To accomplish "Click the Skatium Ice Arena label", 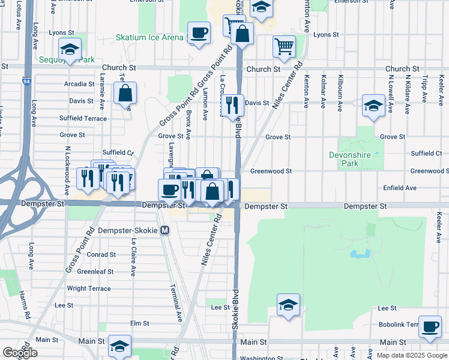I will point(149,38).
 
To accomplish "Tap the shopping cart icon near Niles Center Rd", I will point(284,46).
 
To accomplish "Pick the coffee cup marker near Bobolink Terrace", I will point(430,326).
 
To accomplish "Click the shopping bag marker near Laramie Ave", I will point(125,93).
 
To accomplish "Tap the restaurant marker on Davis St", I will point(232,105).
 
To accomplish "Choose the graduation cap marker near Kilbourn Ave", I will point(373,106).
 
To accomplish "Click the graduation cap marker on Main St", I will point(120,346).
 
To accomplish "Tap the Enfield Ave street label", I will point(399,188).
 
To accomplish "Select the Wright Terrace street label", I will point(89,289).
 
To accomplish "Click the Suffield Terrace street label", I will point(83,118).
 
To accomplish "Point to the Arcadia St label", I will point(80,84).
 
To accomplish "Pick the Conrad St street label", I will point(101,254).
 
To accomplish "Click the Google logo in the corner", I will point(20,353).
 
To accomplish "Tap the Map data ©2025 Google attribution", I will point(412,355).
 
